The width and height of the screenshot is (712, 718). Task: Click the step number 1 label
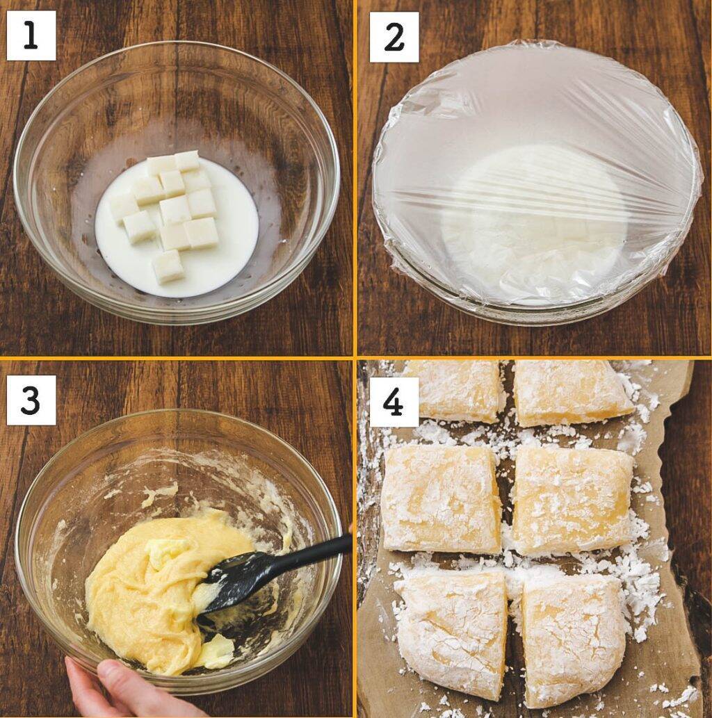pyautogui.click(x=31, y=35)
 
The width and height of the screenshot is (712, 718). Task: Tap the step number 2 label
pyautogui.click(x=394, y=37)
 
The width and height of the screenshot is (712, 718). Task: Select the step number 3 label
pyautogui.click(x=31, y=400)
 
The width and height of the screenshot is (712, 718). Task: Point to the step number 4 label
pyautogui.click(x=394, y=402)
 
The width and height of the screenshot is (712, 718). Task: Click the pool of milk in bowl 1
pyautogui.click(x=177, y=256)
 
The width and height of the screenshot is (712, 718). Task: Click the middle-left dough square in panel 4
pyautogui.click(x=441, y=500)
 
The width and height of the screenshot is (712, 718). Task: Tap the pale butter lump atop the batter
pyautogui.click(x=168, y=551)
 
